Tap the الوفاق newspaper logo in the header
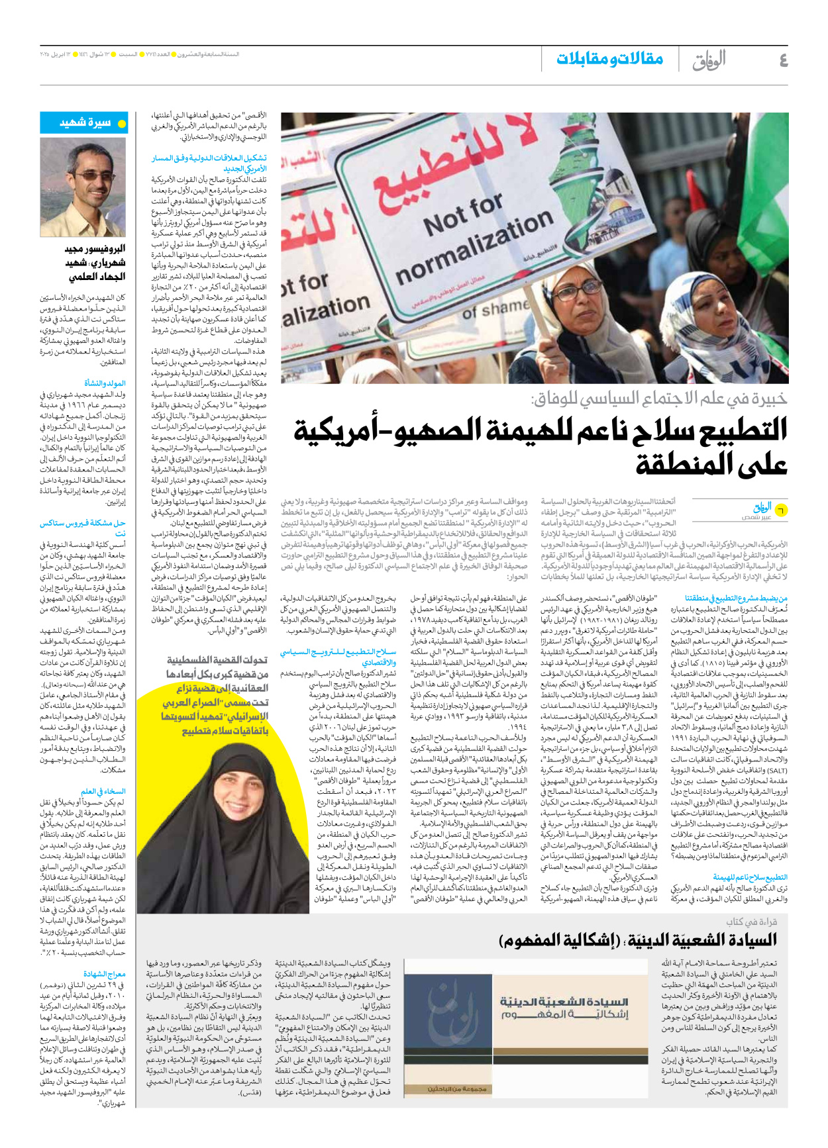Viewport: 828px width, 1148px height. (x=709, y=60)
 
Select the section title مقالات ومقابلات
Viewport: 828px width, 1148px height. (x=609, y=59)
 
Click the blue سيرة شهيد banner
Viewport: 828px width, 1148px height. (x=84, y=123)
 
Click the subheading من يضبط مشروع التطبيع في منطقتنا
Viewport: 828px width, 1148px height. (x=736, y=598)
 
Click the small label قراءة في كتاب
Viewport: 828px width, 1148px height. (x=751, y=922)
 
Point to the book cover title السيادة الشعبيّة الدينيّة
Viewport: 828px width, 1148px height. (x=564, y=1002)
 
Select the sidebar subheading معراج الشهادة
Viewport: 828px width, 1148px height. (x=105, y=974)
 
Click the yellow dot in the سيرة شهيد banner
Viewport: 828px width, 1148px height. (x=121, y=124)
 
